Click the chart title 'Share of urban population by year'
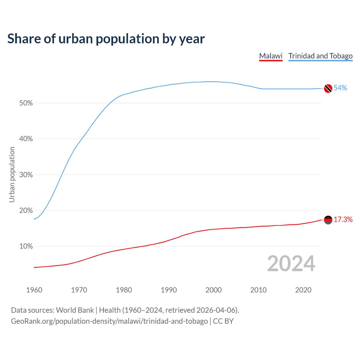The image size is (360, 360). pos(106,39)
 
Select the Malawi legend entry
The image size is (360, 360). pos(271,56)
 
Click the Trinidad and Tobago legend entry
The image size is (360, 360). pos(320,56)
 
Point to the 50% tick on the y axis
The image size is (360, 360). pos(26,103)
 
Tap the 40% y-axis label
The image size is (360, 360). pos(26,139)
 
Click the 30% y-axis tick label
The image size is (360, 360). pos(26,175)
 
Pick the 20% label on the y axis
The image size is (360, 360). pos(26,211)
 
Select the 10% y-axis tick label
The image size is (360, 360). pos(26,246)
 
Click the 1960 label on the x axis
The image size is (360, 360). pos(34,290)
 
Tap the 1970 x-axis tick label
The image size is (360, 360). pos(79,290)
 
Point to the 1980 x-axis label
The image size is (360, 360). pos(124,290)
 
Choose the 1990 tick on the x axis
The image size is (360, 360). pos(169,290)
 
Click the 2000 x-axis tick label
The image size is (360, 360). pos(213,290)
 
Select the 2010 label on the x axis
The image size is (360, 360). pos(258,290)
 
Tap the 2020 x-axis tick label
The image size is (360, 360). pos(303,290)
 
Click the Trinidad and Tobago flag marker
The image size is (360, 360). pos(328,88)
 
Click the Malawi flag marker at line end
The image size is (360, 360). pos(328,220)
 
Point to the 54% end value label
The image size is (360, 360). pos(340,88)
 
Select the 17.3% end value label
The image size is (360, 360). pos(343,220)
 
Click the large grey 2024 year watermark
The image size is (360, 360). pos(291,264)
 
